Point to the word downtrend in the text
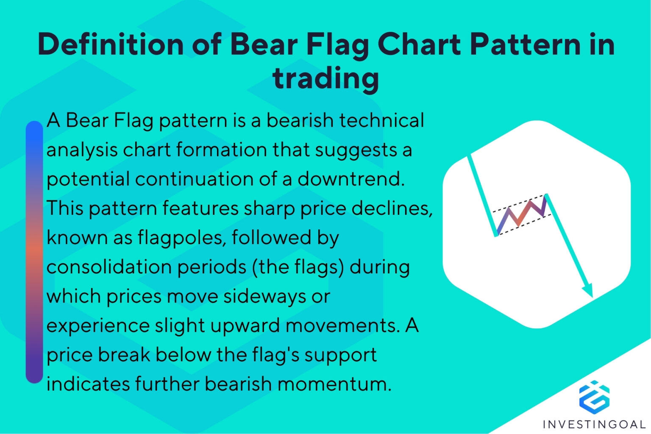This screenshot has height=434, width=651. point(351,179)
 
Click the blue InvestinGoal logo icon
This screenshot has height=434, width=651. point(594,396)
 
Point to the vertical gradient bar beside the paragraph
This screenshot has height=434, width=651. point(34,252)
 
